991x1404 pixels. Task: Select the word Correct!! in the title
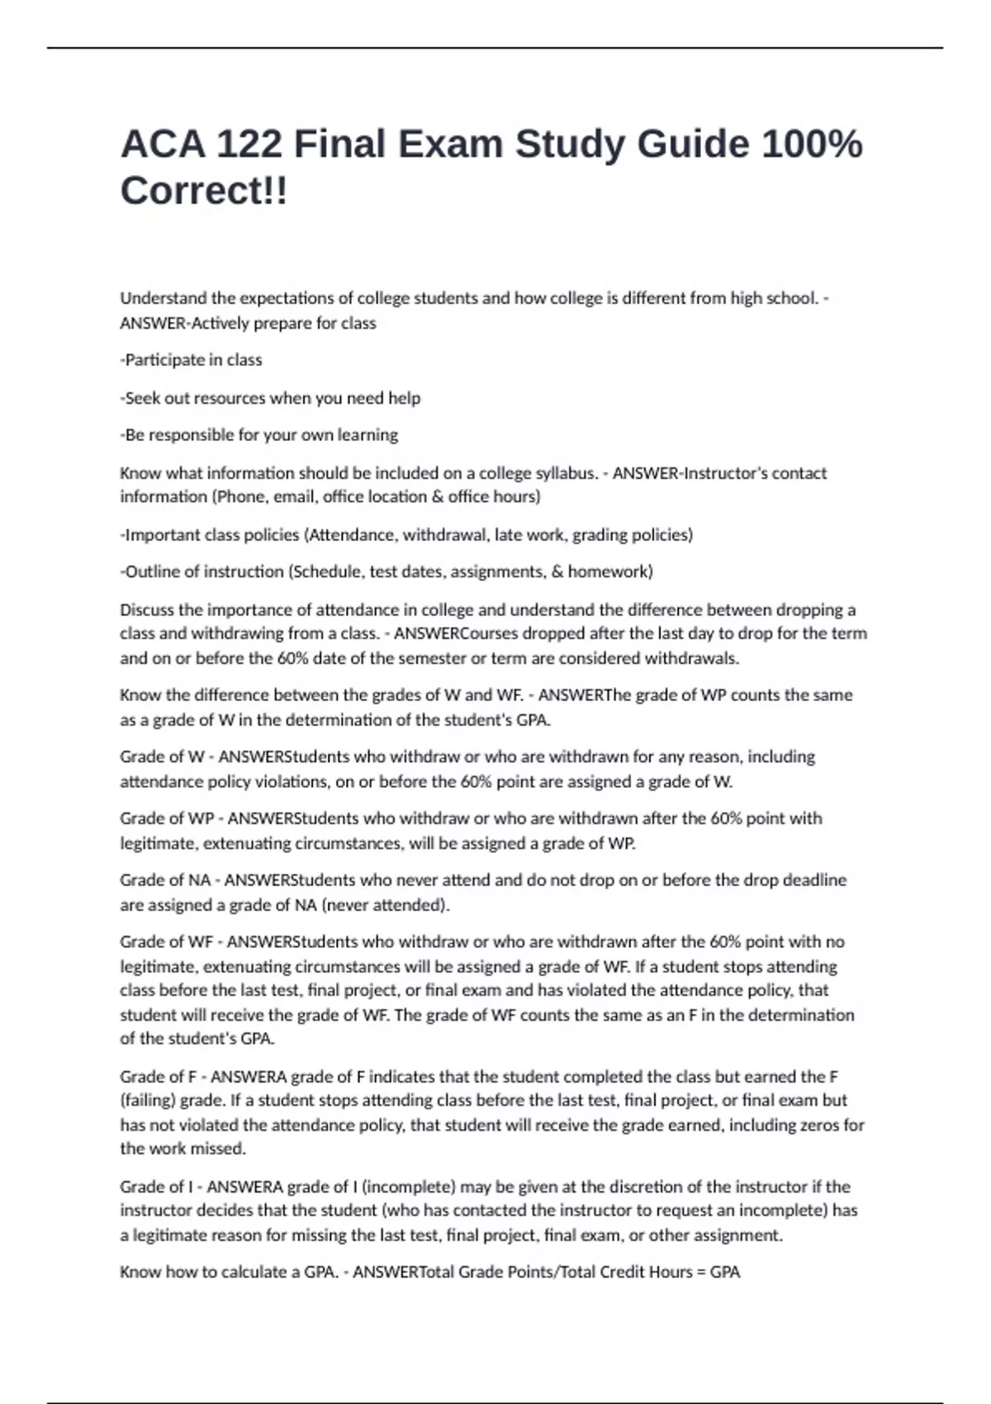(204, 191)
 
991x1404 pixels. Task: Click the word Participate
(164, 360)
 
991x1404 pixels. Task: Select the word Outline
(151, 572)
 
